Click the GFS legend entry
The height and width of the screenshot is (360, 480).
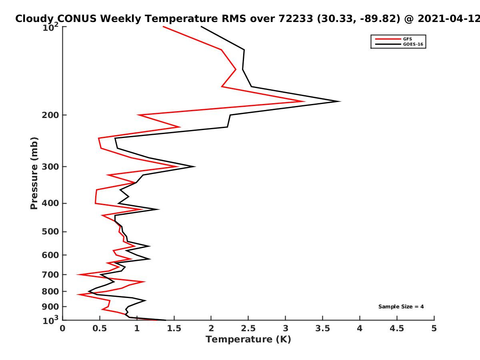pos(407,39)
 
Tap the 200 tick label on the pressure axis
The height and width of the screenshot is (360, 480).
pos(51,115)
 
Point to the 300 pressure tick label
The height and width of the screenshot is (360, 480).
pos(51,166)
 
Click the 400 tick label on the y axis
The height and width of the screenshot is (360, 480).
pos(51,203)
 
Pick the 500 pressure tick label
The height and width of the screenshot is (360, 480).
pos(51,232)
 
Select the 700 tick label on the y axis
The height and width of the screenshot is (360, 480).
pos(51,274)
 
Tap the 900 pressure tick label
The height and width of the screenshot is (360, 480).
pos(51,307)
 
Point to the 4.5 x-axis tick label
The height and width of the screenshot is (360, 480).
pos(397,328)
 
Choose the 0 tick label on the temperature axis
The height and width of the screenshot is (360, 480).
pos(63,328)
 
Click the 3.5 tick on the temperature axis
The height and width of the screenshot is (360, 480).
pos(323,328)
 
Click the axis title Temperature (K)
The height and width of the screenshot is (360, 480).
pos(248,340)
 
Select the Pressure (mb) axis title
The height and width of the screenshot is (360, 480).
pos(34,173)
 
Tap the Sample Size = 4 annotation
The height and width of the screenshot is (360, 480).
pos(401,307)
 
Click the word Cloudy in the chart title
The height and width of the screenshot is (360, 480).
pos(34,18)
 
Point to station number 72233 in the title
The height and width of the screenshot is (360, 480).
pos(293,18)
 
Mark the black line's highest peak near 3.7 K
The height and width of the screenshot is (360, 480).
pos(340,101)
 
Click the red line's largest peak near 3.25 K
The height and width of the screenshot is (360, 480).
pos(305,101)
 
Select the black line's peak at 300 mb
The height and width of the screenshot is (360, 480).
pos(195,166)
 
